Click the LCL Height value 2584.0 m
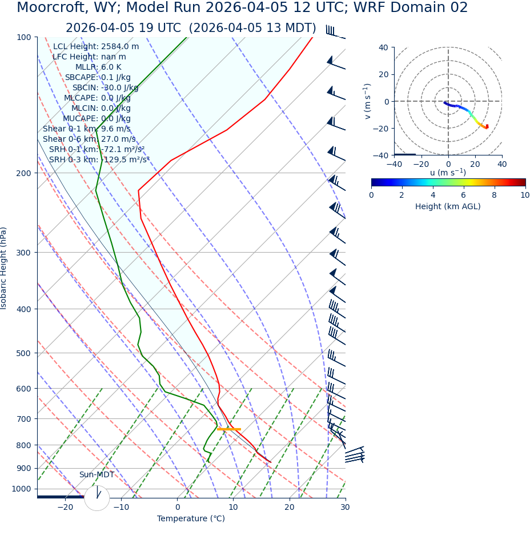point(120,47)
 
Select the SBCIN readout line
point(105,87)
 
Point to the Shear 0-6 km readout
point(89,139)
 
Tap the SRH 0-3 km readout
point(99,159)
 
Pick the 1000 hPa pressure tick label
point(21,489)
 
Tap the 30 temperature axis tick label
point(345,507)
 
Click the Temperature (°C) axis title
point(191,518)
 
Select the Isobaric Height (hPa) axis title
point(4,268)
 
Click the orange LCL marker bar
point(229,429)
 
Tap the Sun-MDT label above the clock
point(97,475)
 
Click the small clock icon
point(97,498)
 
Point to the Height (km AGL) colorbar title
point(448,206)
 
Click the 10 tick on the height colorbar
point(525,195)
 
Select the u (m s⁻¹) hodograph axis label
point(448,173)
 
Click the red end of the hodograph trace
point(487,126)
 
